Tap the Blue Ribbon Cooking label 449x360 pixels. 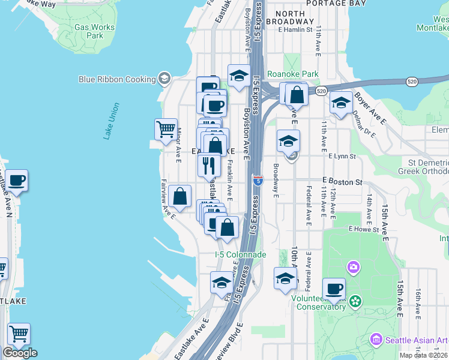[118, 79]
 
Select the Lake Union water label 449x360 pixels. [112, 121]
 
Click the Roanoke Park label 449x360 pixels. [292, 74]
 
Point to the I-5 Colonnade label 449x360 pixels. [240, 255]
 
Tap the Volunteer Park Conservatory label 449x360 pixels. [318, 302]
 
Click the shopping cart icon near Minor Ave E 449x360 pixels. [166, 129]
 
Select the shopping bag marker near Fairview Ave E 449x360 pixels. [179, 196]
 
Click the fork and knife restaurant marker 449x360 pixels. [209, 165]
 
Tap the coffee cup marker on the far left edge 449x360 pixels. [16, 181]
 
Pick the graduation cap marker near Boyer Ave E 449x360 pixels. [341, 102]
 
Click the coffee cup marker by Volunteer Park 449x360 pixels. [334, 289]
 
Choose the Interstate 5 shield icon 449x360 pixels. [258, 179]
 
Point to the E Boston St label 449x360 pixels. [343, 181]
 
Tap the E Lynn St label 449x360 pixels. [342, 157]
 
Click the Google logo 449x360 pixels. [20, 353]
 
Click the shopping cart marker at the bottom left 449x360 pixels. [19, 334]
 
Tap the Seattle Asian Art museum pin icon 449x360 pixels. [376, 340]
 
